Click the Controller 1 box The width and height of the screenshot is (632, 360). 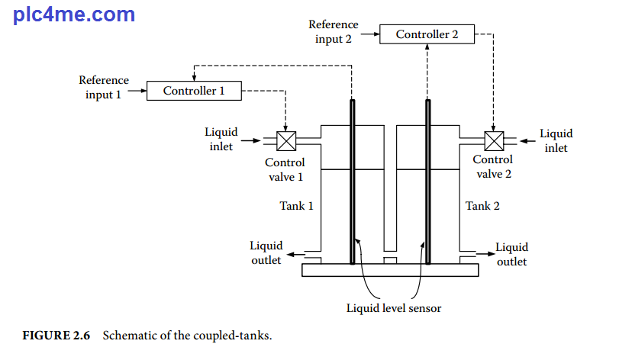pyautogui.click(x=194, y=91)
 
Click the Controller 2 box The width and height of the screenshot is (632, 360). pyautogui.click(x=427, y=34)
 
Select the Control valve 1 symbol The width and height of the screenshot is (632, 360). pyautogui.click(x=286, y=141)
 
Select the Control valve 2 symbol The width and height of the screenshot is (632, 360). pyautogui.click(x=494, y=141)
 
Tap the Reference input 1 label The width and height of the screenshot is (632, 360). pyautogui.click(x=104, y=88)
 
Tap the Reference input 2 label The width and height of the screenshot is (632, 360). pyautogui.click(x=334, y=32)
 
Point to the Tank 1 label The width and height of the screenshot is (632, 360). pyautogui.click(x=296, y=206)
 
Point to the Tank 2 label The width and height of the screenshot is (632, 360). pyautogui.click(x=482, y=206)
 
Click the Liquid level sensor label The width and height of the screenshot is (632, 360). pyautogui.click(x=394, y=308)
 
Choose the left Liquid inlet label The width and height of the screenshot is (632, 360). pyautogui.click(x=221, y=140)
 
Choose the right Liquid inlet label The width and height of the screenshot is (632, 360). pyautogui.click(x=556, y=140)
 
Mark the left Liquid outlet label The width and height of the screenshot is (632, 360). pyautogui.click(x=266, y=252)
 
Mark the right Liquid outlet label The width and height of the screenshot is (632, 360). pyautogui.click(x=511, y=254)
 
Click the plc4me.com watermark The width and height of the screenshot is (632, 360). pyautogui.click(x=74, y=14)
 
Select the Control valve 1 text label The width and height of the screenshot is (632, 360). pyautogui.click(x=285, y=169)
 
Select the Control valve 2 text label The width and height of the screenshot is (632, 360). pyautogui.click(x=492, y=166)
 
